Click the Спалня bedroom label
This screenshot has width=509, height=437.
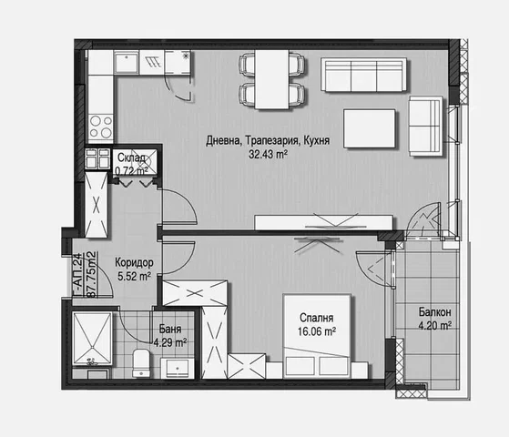point(317,318)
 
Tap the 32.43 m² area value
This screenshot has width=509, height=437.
point(268,155)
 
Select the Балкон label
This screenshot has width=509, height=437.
point(434,312)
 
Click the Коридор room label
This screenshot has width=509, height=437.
point(134,262)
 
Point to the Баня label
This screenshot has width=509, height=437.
point(170,329)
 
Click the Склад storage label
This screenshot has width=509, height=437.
point(131,158)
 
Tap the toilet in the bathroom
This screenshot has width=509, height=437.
point(141,363)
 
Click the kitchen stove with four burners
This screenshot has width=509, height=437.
point(101,127)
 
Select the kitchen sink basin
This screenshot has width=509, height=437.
point(127,63)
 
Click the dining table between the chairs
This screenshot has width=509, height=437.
point(271,79)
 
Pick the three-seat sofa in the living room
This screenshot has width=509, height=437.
point(364,75)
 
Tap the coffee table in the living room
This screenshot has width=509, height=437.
point(370,128)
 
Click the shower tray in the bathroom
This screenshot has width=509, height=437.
point(92,339)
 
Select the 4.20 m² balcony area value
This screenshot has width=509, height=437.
point(434,325)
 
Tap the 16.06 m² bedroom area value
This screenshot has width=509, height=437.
point(317,331)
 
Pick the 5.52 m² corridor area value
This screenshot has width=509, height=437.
point(134,277)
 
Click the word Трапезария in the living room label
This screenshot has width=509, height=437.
point(271,140)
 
